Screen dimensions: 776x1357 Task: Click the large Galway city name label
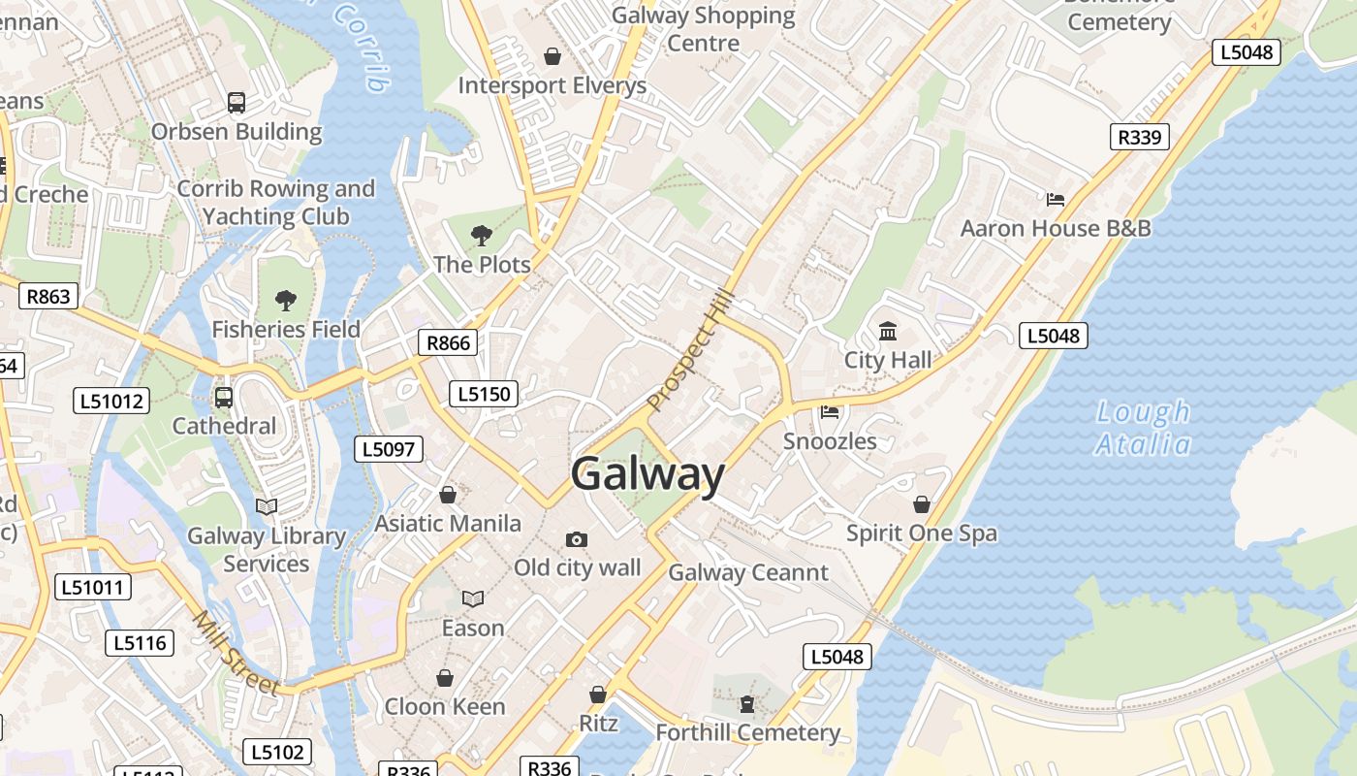pyautogui.click(x=647, y=475)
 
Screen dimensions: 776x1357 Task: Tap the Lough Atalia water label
pyautogui.click(x=1143, y=428)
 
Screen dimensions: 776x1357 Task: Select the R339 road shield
pyautogui.click(x=1139, y=137)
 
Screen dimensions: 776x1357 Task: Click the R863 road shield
pyautogui.click(x=48, y=296)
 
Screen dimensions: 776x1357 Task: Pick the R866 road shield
pyautogui.click(x=448, y=342)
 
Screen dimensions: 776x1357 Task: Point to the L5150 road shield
pyautogui.click(x=484, y=394)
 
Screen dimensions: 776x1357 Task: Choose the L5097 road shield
pyautogui.click(x=389, y=448)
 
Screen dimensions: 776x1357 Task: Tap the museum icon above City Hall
pyautogui.click(x=887, y=332)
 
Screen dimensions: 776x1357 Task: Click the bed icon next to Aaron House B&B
pyautogui.click(x=1056, y=200)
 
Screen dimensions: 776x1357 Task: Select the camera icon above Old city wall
pyautogui.click(x=577, y=539)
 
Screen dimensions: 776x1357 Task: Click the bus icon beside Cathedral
pyautogui.click(x=224, y=397)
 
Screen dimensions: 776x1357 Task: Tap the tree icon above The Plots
pyautogui.click(x=481, y=235)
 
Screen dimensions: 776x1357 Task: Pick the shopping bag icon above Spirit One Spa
pyautogui.click(x=921, y=504)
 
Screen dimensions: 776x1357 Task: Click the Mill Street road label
pyautogui.click(x=236, y=653)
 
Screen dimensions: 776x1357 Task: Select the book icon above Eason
pyautogui.click(x=473, y=599)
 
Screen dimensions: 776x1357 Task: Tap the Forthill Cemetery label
pyautogui.click(x=747, y=732)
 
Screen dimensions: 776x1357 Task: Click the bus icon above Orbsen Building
pyautogui.click(x=236, y=102)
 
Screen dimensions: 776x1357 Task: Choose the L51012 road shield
pyautogui.click(x=111, y=401)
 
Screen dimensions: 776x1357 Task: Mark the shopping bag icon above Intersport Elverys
pyautogui.click(x=552, y=56)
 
